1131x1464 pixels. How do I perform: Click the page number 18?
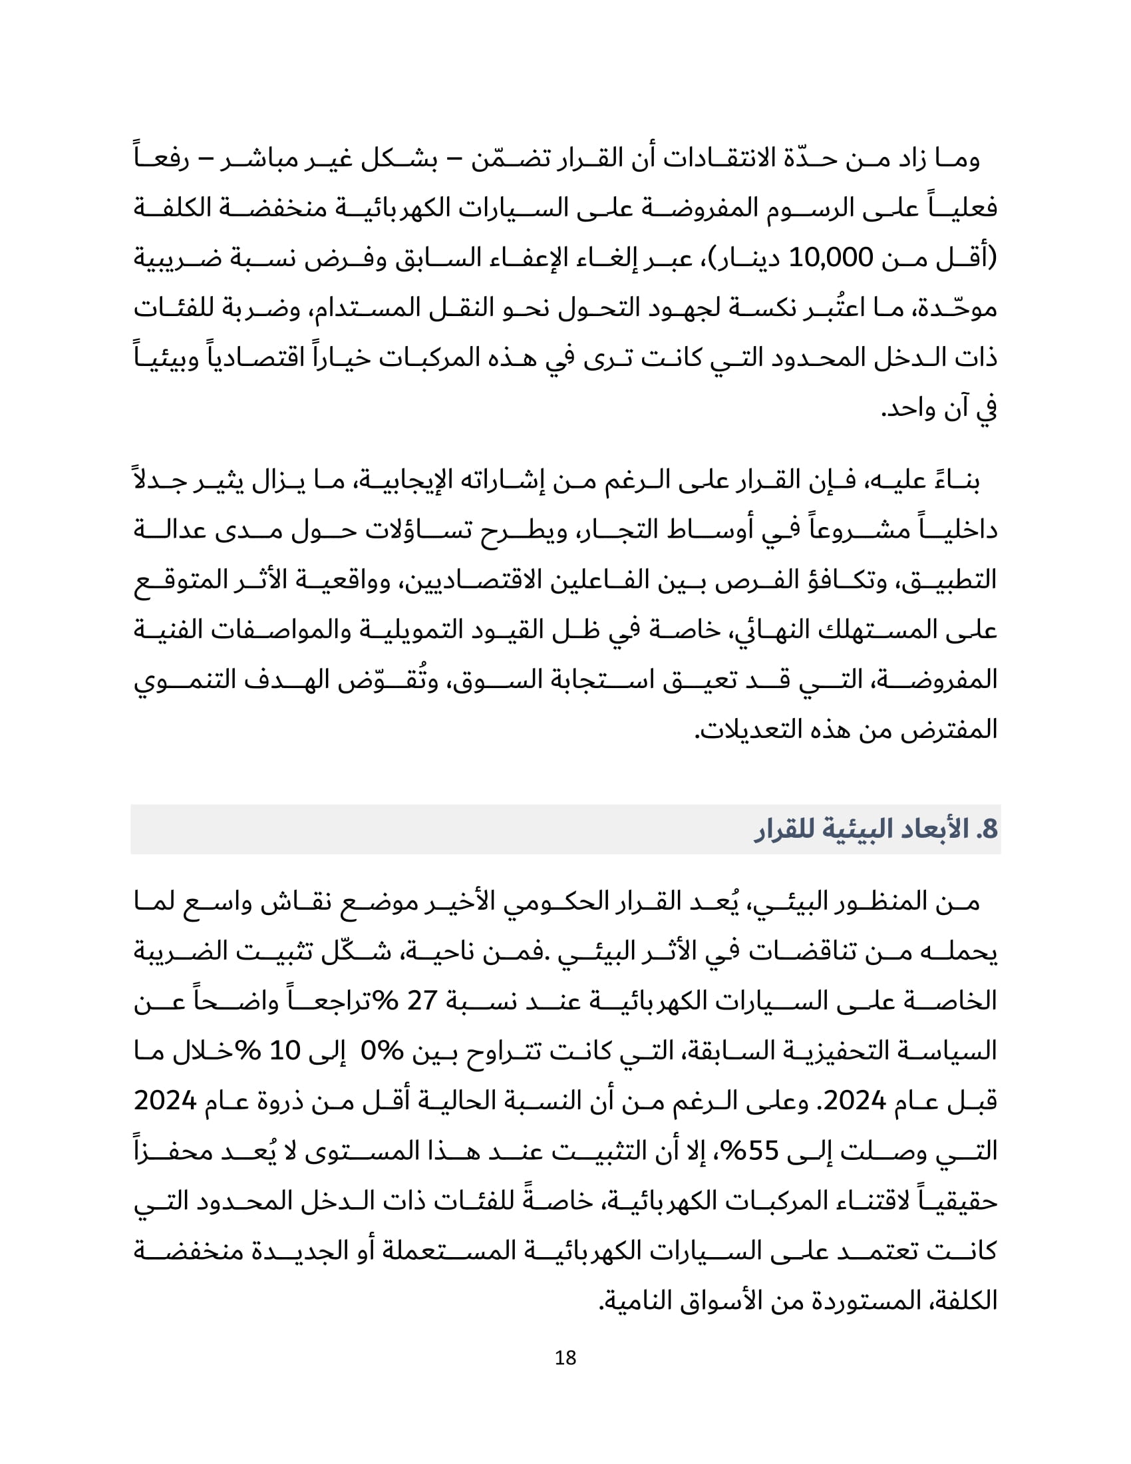pyautogui.click(x=565, y=1358)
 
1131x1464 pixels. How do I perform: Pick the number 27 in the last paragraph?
pyautogui.click(x=422, y=1001)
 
